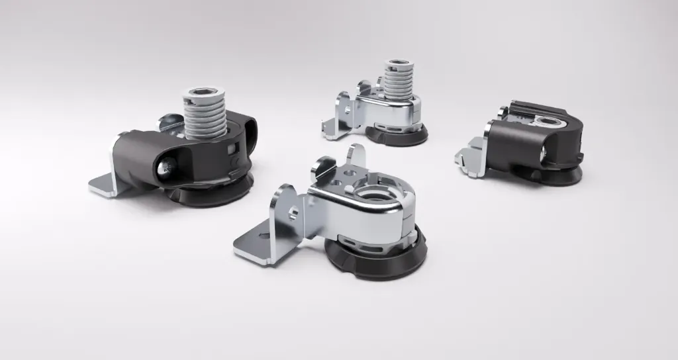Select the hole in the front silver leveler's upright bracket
tap(291, 211)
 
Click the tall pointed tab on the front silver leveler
tap(358, 156)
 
